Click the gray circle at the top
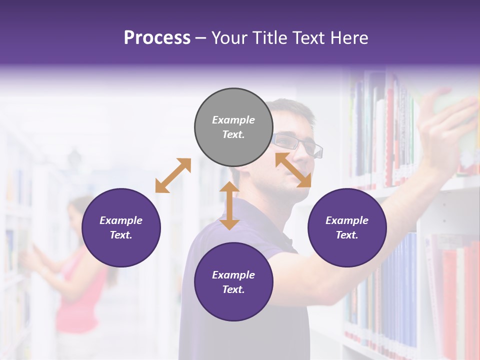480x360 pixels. (233, 127)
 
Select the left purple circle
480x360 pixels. (121, 227)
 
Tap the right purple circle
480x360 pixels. (347, 227)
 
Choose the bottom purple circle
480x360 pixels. (233, 282)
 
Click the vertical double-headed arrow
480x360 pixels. (229, 205)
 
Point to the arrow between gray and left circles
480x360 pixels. (173, 175)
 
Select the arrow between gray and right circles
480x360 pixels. (293, 170)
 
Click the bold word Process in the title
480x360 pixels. (157, 37)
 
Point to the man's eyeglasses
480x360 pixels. (300, 145)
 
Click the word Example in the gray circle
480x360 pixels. (233, 120)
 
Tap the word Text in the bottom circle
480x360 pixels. (233, 289)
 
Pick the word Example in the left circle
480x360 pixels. (121, 220)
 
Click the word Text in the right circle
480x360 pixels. (347, 235)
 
